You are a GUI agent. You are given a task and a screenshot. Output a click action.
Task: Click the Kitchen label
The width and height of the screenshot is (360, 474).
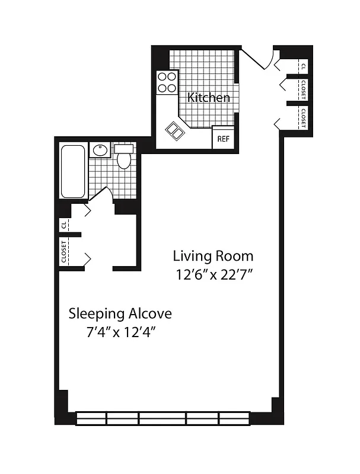point(209,97)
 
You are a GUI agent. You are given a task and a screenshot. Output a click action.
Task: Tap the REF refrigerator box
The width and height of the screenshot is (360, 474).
point(223,139)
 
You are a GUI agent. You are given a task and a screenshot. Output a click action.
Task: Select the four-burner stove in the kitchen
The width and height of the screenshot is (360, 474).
point(167,82)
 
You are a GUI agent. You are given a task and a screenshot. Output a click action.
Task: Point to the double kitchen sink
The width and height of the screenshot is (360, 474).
point(175,130)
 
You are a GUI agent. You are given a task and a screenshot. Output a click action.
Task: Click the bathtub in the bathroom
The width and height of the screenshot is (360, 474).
point(74,171)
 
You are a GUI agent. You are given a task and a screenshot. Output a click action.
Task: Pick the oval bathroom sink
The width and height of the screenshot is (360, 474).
point(99,150)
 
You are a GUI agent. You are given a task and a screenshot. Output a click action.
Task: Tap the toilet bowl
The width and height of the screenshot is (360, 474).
point(124,159)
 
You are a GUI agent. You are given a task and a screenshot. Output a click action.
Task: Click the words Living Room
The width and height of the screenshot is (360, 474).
point(213,256)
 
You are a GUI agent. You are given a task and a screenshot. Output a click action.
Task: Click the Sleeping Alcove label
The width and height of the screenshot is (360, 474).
point(120,312)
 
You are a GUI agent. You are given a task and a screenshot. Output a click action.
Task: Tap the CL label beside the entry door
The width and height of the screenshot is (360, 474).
point(303,66)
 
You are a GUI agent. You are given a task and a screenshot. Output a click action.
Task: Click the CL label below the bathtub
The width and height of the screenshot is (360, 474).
point(63,225)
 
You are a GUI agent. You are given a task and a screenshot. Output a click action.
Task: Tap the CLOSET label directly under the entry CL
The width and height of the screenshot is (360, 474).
point(303,90)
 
